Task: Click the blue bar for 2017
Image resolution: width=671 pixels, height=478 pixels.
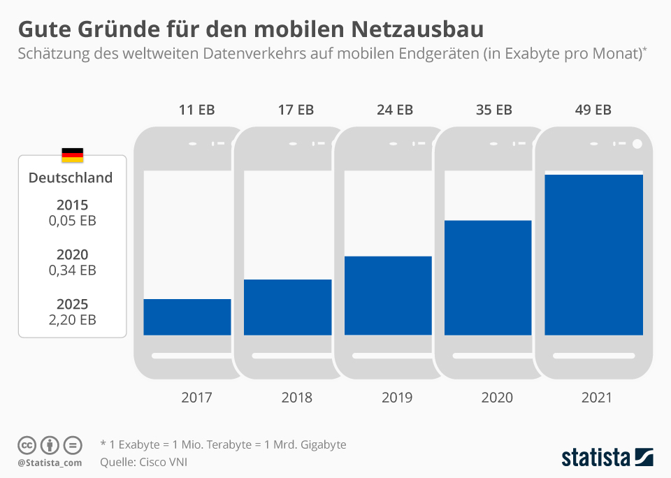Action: [x=187, y=317]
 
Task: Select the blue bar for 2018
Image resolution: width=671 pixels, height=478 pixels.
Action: [x=287, y=307]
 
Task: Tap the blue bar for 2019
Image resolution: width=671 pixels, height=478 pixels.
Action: [x=387, y=296]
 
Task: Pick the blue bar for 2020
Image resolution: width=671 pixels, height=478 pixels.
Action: [x=488, y=277]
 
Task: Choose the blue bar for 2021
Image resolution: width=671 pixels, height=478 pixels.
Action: [x=593, y=254]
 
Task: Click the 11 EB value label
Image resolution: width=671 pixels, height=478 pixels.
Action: [x=196, y=110]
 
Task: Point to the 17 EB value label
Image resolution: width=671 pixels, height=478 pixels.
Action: [x=296, y=110]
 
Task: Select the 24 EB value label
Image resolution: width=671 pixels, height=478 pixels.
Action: [x=396, y=110]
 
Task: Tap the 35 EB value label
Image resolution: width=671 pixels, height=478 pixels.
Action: [x=495, y=110]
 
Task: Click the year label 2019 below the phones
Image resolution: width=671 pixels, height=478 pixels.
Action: [x=397, y=398]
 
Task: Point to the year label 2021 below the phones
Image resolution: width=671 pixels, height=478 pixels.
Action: [x=596, y=398]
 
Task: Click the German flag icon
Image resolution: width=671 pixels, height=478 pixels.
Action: [x=72, y=155]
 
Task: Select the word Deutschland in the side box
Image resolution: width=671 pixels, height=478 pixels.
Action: [x=71, y=178]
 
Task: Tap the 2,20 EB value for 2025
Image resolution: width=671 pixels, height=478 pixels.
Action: [x=73, y=320]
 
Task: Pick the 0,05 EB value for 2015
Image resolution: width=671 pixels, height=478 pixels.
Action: [x=73, y=221]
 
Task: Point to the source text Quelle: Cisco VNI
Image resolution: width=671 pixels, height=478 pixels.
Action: [x=144, y=461]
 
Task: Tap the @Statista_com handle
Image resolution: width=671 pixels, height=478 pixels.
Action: [x=50, y=463]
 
